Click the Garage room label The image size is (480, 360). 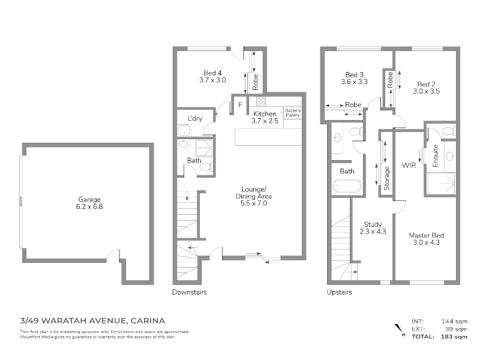coord(89,200)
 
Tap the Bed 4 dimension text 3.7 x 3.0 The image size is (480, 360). coord(212,80)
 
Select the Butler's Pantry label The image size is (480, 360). coord(293,113)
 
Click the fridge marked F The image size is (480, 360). coord(240,105)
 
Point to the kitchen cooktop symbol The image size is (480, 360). coord(261,101)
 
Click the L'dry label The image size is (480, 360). coord(195,118)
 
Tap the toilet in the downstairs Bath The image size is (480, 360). coord(205,167)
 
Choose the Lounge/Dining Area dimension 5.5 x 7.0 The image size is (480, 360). coord(254,203)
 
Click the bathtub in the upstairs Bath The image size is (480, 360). coord(347,186)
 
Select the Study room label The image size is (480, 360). coord(373,224)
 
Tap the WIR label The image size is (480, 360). coord(409,166)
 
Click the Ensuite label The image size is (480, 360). coord(436,155)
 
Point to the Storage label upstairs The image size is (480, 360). coord(386,178)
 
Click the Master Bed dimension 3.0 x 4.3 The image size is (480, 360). coord(427,242)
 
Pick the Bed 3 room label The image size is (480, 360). coord(355,74)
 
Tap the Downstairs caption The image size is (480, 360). coord(190,292)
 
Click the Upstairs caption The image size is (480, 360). coord(339,292)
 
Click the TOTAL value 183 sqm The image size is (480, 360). coord(454,337)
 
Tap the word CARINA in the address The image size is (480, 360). coord(148,321)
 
